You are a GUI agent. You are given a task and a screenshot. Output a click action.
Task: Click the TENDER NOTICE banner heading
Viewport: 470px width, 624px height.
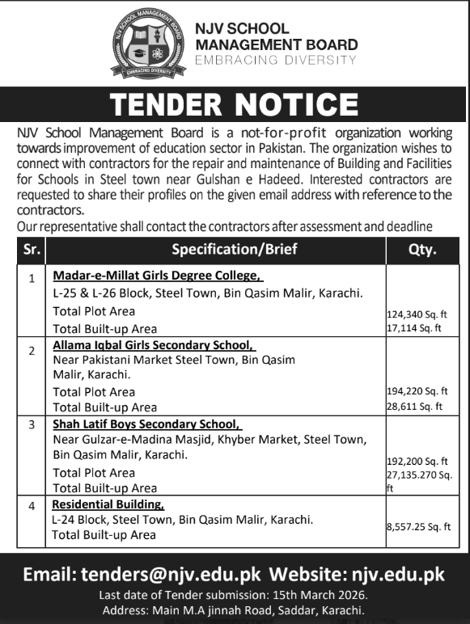[x=235, y=104]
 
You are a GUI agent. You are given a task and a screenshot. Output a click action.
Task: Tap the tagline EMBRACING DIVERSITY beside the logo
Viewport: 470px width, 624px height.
[x=276, y=60]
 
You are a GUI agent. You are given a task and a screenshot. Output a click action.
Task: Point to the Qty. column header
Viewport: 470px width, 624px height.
[x=424, y=250]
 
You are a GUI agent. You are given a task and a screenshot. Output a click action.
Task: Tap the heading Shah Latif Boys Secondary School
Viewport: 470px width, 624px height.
[x=146, y=424]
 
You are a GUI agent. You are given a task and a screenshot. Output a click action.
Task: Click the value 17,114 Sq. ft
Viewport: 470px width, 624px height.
[x=416, y=328]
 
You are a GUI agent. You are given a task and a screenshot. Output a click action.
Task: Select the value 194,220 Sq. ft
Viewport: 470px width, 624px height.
[x=418, y=390]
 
